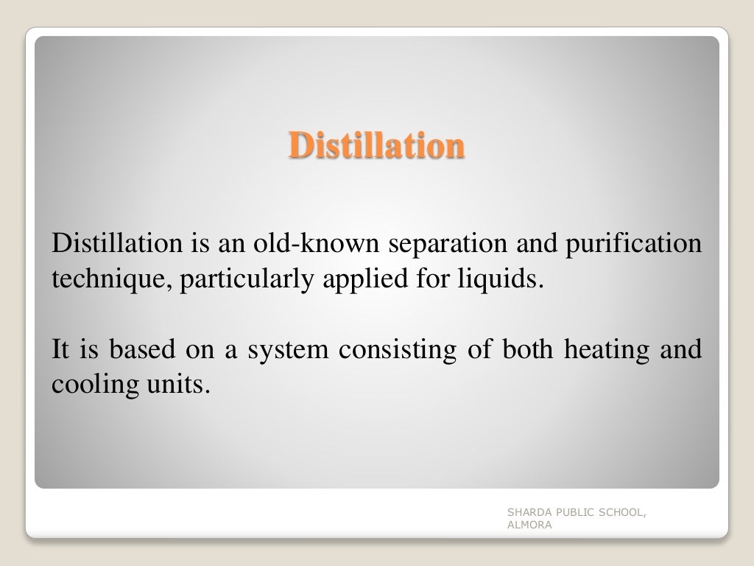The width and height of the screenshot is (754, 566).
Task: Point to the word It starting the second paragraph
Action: click(60, 349)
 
